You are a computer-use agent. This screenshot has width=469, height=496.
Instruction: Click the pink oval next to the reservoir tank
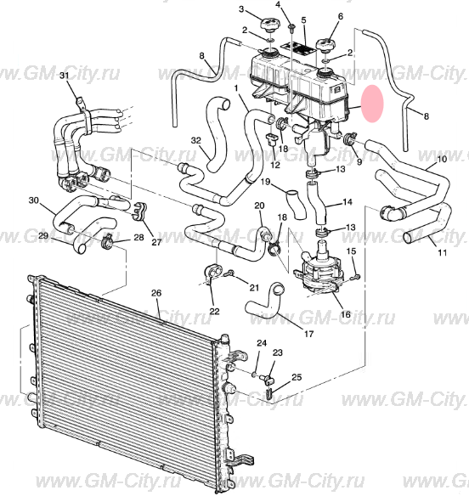[x=372, y=104]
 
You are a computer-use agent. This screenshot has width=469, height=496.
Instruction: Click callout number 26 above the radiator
[x=156, y=293]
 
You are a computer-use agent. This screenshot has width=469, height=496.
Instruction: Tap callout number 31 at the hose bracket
[x=65, y=76]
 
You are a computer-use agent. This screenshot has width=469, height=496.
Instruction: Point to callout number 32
[x=196, y=140]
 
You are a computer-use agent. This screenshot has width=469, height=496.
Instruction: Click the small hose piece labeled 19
[x=296, y=205]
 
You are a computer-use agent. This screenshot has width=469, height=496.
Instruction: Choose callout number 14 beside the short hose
[x=348, y=202]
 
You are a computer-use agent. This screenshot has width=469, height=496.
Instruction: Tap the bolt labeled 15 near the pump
[x=356, y=277]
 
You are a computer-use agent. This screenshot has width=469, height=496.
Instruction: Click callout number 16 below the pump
[x=346, y=314]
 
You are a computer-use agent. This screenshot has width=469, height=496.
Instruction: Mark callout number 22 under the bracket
[x=215, y=311]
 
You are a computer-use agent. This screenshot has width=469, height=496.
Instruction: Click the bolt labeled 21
[x=229, y=273]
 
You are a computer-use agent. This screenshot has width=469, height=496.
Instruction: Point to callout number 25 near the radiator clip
[x=297, y=377]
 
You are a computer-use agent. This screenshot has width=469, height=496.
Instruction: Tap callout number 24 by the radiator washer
[x=262, y=343]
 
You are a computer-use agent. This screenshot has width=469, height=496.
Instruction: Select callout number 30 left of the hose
[x=33, y=200]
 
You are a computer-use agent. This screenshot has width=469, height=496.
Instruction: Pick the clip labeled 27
[x=140, y=211]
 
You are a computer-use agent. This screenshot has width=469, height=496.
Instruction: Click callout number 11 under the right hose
[x=442, y=252]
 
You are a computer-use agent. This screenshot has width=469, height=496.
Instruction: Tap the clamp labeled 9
[x=350, y=138]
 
